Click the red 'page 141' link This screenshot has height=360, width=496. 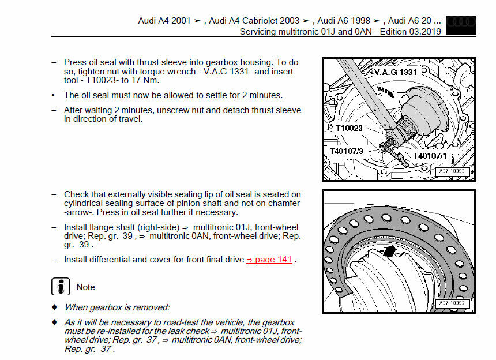point(269,260)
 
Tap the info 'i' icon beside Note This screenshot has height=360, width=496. point(60,287)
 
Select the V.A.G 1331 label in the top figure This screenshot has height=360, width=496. point(394,72)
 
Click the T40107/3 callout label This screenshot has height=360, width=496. point(346,151)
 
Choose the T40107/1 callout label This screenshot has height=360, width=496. point(430,156)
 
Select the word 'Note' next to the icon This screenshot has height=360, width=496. point(85,287)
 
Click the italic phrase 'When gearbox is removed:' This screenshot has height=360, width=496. point(117,307)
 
